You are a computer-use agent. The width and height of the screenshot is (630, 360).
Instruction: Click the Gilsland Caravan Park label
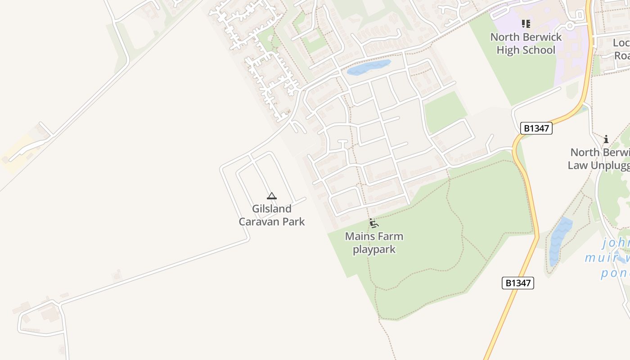[x=271, y=215]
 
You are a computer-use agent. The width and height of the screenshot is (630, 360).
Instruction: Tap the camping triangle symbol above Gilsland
[x=271, y=196]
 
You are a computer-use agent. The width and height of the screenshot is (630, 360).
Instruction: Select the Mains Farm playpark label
[x=374, y=243]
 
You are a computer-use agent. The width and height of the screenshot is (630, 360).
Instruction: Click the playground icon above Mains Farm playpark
[x=373, y=223]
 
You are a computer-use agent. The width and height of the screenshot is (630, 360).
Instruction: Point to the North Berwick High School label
[x=526, y=43]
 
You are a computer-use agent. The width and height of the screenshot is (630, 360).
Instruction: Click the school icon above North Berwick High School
[x=526, y=23]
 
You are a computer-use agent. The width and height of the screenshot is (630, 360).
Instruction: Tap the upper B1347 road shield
[x=536, y=128]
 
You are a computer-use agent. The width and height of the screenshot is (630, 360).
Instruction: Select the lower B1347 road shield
[x=517, y=283]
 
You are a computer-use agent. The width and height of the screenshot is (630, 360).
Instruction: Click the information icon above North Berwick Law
[x=606, y=139]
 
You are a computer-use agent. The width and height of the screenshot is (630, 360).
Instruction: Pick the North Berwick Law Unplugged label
[x=598, y=158]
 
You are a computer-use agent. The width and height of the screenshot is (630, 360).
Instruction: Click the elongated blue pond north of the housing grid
[x=369, y=67]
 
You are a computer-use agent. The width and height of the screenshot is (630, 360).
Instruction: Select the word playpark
[x=374, y=249]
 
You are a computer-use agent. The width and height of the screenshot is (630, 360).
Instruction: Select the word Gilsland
[x=271, y=209]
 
